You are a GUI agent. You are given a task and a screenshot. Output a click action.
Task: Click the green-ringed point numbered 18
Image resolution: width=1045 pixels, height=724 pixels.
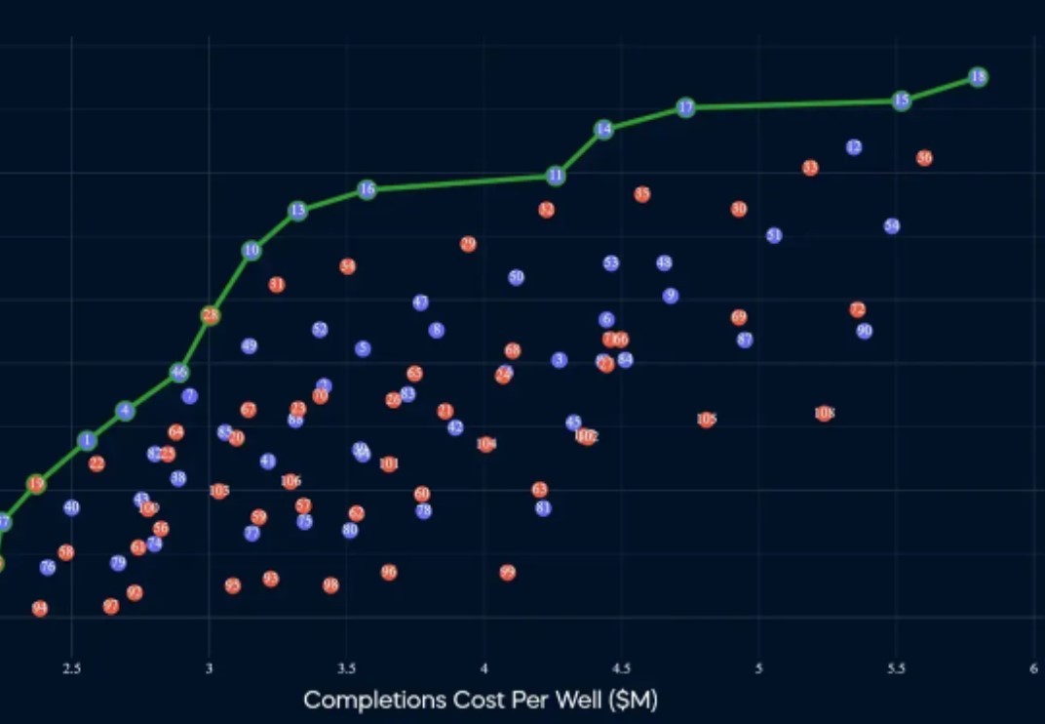coord(978,77)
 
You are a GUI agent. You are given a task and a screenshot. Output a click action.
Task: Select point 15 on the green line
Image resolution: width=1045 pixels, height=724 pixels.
coord(902,100)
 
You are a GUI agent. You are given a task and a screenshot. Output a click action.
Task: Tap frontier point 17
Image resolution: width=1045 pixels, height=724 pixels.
coord(686,107)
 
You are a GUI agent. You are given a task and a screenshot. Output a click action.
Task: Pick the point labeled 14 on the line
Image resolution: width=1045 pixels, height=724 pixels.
coord(603,129)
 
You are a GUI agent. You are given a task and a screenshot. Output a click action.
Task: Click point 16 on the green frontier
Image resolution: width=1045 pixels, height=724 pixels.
coord(367,189)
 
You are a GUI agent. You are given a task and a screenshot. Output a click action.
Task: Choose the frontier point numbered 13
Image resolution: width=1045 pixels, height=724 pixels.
coord(297,211)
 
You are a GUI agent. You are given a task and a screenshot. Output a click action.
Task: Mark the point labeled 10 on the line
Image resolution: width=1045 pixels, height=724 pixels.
coord(252,251)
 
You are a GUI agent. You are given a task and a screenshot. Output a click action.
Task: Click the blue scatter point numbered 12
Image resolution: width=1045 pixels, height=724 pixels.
coord(854,147)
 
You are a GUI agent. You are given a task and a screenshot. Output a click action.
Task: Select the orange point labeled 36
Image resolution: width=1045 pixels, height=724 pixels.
coord(924,158)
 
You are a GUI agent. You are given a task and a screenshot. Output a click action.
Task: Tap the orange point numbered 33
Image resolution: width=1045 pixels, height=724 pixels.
coord(810,168)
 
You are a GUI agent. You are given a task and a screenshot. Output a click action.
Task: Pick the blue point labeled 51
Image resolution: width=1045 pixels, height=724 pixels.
coord(774,235)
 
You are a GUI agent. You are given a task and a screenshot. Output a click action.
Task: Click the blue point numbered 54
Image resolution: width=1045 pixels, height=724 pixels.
coord(892,226)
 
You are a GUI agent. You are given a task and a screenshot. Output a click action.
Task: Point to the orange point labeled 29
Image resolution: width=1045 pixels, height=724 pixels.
coord(468,244)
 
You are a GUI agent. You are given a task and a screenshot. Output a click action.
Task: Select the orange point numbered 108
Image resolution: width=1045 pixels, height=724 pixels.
coord(825,414)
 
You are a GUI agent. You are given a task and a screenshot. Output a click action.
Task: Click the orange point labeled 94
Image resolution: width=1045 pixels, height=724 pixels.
coord(40,609)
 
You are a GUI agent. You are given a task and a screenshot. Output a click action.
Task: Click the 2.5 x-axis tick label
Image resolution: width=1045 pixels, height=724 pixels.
coord(71,668)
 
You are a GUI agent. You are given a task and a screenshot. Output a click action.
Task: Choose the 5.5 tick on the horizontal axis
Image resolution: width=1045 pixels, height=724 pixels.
coord(896,668)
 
